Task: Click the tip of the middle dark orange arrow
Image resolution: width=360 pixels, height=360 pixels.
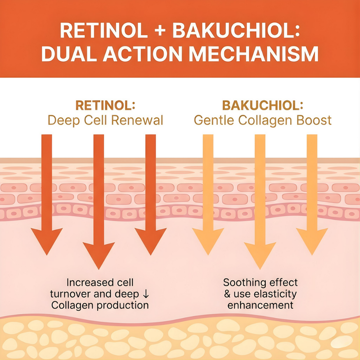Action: tap(99, 268)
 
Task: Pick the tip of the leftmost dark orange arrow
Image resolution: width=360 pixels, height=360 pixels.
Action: tap(47, 254)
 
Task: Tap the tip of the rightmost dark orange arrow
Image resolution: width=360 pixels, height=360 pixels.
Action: tap(150, 254)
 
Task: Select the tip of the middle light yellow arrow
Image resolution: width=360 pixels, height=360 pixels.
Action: tap(260, 268)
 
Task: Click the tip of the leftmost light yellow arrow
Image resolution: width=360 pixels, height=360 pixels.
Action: tap(208, 254)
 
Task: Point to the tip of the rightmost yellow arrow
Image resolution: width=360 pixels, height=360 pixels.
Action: tap(312, 254)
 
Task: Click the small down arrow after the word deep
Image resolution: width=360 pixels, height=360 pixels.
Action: tap(146, 294)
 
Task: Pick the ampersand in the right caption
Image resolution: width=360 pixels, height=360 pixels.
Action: tap(227, 294)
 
